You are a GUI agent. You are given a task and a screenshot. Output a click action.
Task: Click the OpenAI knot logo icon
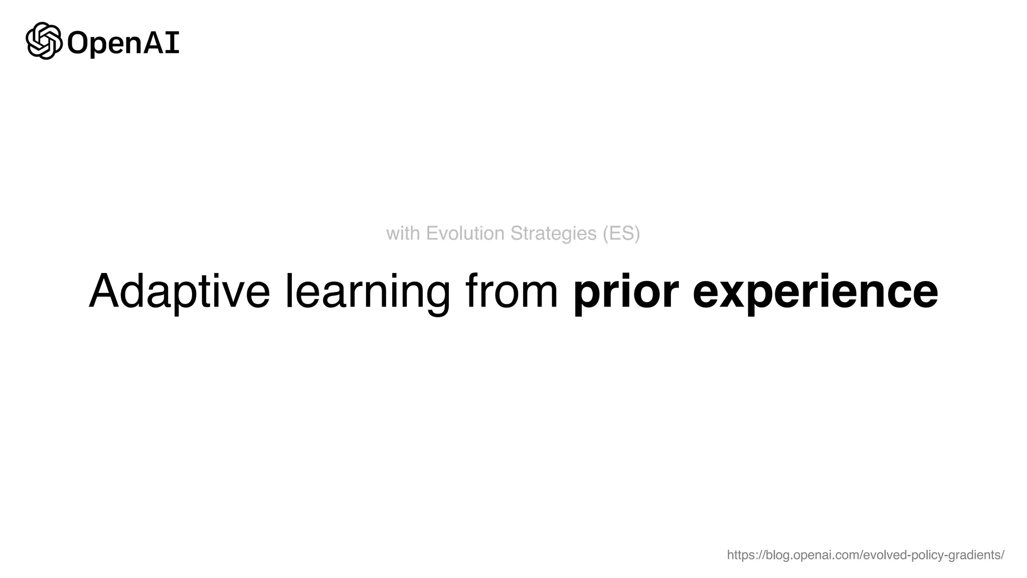click(x=44, y=41)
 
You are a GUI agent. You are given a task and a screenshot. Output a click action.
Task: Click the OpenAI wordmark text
click(x=123, y=43)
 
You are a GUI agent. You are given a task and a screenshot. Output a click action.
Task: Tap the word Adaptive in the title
click(x=179, y=292)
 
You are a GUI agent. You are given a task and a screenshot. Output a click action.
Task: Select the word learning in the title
click(x=368, y=292)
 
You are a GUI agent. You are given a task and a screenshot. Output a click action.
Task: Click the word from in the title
click(x=511, y=292)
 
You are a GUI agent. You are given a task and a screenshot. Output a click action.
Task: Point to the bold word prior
click(x=626, y=292)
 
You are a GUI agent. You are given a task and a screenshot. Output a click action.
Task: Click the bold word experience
click(x=815, y=292)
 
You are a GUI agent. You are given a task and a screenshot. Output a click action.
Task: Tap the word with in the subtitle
click(x=403, y=233)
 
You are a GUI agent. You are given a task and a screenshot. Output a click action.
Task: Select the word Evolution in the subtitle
click(x=465, y=233)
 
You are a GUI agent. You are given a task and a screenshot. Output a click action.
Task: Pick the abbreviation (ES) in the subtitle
click(x=621, y=233)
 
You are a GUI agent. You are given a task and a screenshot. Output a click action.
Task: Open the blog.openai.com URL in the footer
click(x=865, y=555)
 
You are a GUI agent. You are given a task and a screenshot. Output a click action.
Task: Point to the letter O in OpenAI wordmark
click(x=78, y=43)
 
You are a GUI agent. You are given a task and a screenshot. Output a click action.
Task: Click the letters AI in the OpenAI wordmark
click(x=161, y=43)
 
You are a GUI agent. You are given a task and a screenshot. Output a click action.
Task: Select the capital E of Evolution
click(x=431, y=233)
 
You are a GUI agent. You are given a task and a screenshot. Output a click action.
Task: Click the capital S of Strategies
click(x=516, y=233)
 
